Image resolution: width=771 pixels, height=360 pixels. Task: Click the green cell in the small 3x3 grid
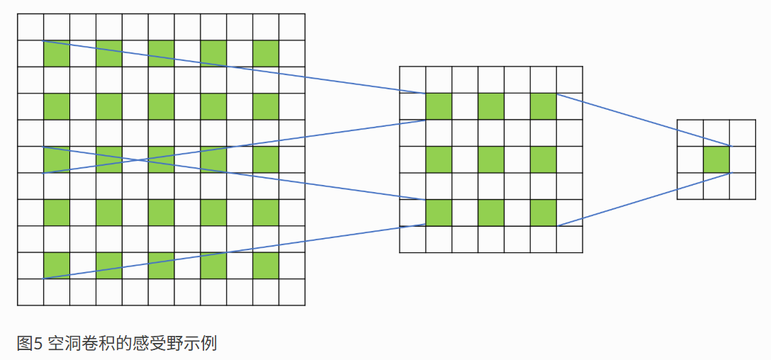click(x=716, y=159)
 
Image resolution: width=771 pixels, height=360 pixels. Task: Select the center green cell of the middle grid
click(x=491, y=159)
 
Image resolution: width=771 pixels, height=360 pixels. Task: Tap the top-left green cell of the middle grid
click(x=439, y=106)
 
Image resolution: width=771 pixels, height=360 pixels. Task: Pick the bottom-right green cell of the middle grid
click(x=544, y=213)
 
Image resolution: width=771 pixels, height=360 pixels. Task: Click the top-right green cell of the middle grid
click(x=544, y=106)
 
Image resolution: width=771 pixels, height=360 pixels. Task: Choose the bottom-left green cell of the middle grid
click(x=439, y=213)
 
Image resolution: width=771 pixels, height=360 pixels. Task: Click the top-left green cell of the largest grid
click(x=57, y=54)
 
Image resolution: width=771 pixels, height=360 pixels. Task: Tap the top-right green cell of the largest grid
click(x=266, y=54)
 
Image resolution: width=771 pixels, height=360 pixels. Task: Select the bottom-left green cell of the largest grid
click(x=57, y=266)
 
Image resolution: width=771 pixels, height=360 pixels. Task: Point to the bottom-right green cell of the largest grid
click(x=266, y=266)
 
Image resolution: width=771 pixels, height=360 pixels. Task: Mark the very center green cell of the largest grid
click(x=161, y=159)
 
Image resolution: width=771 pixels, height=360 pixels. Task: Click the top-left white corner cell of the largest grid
click(x=30, y=27)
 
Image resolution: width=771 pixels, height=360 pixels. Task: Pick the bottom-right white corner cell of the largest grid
click(x=292, y=292)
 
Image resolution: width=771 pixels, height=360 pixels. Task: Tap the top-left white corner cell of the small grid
click(x=690, y=133)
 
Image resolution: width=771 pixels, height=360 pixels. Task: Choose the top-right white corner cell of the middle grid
click(x=570, y=79)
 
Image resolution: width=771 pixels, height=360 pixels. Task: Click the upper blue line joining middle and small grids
click(x=643, y=119)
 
